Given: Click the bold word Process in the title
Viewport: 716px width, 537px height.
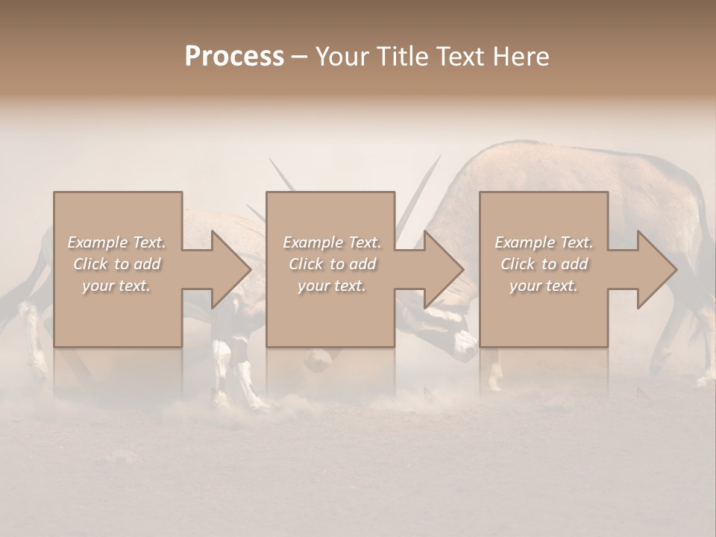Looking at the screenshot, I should point(234,57).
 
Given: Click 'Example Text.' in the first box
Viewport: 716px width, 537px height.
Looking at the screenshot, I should point(116,242).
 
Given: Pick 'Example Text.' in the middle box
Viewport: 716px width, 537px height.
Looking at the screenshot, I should point(332,242).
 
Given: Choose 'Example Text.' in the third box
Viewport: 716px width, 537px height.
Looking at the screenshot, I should point(544,242).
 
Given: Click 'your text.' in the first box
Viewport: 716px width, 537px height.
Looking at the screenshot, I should point(116,286).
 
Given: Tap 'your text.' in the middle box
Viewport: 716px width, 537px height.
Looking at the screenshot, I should point(332,286).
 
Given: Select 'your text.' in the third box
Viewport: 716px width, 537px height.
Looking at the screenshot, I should point(544,286).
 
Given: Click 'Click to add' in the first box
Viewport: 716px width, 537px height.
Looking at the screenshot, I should point(116,264).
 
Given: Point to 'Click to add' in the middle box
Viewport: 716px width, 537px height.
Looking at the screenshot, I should point(332,264).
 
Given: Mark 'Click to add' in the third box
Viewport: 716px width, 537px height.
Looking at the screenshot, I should point(544,264).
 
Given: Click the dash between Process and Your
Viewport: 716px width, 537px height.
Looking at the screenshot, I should point(300,57).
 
